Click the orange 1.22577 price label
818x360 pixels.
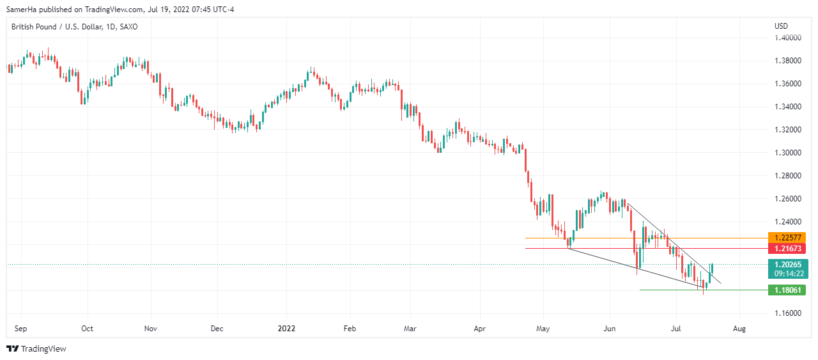click(x=787, y=237)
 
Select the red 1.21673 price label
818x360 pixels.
click(x=787, y=248)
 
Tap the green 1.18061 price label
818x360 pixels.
click(x=787, y=290)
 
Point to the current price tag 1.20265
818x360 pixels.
click(x=787, y=264)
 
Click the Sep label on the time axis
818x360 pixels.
click(x=20, y=329)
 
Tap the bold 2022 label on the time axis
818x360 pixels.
click(x=286, y=329)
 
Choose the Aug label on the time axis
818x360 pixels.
click(x=739, y=329)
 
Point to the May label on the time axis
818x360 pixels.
click(x=543, y=329)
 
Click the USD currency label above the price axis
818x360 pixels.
click(x=781, y=26)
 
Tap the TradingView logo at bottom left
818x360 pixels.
click(x=36, y=348)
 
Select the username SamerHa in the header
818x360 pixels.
click(x=22, y=8)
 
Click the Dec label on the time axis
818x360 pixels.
click(x=217, y=329)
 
